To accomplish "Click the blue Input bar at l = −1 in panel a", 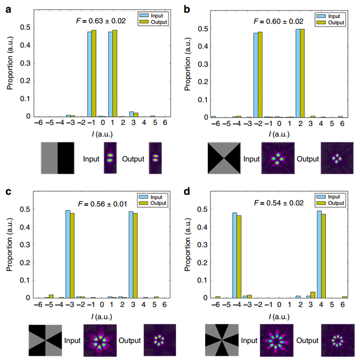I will (x=89, y=74).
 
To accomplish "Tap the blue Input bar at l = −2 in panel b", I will (x=256, y=75).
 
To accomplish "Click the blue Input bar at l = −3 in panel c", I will (x=68, y=254).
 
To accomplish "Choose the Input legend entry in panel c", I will (x=153, y=196).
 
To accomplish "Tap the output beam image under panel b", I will (x=336, y=159).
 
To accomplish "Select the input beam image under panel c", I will (x=99, y=339).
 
